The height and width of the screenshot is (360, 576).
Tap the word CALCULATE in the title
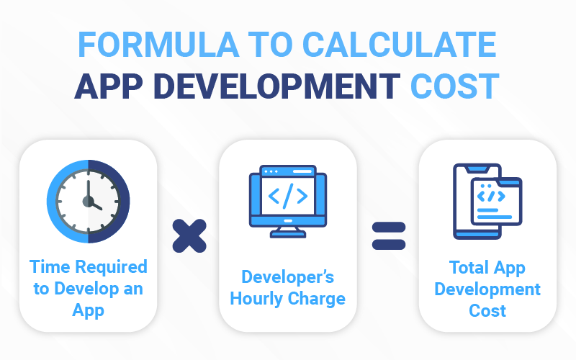pos(400,45)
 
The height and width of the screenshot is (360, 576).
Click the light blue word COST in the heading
pos(455,86)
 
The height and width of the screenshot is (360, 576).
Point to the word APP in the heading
pos(109,86)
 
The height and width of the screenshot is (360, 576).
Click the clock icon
pos(88,202)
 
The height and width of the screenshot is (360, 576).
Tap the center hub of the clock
pos(88,202)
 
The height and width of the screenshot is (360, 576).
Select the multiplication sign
pos(189,236)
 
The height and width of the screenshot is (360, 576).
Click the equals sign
pos(389,236)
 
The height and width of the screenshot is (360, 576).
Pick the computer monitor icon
pos(288,202)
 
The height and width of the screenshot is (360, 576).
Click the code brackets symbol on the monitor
pos(288,196)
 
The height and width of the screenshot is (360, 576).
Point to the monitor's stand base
pos(288,234)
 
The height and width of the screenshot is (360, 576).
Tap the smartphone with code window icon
pos(487,202)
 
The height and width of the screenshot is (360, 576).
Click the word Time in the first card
pos(50,266)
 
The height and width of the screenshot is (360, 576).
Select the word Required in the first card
pos(112,267)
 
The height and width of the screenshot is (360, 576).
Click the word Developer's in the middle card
pos(287,277)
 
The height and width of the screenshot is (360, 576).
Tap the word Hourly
pos(257,299)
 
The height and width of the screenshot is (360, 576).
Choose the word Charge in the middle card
pos(317,299)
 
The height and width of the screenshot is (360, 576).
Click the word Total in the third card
pos(469,267)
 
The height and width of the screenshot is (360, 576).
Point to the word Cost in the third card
pos(487,311)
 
